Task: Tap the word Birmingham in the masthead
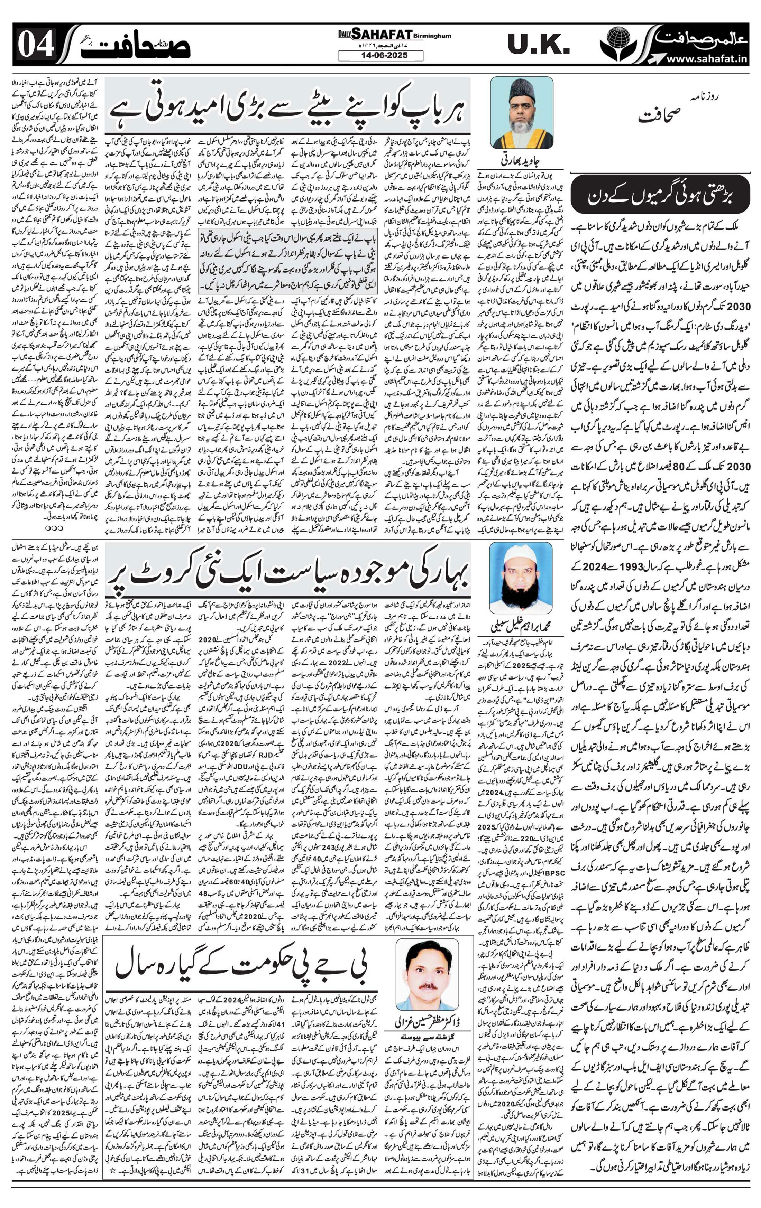pos(433,36)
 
